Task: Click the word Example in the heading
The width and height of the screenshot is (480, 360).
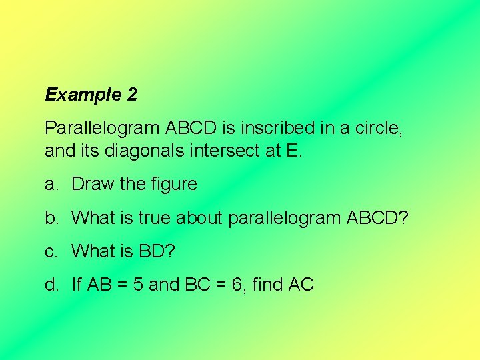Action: (83, 95)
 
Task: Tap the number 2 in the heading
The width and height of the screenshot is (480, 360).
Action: (132, 95)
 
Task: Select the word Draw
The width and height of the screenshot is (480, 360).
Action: (93, 184)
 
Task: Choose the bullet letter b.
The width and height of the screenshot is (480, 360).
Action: (53, 217)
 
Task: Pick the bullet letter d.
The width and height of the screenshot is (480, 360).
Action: (53, 285)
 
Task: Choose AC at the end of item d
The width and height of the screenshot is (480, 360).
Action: (302, 285)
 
